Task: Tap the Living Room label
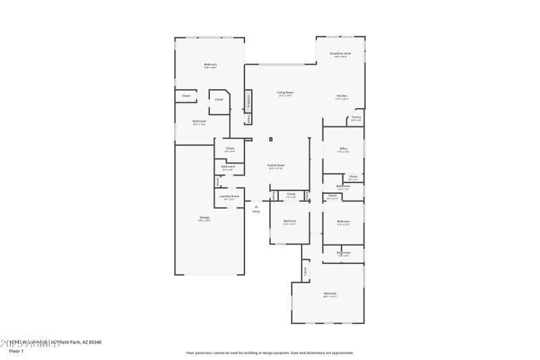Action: click(285, 93)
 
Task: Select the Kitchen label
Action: click(342, 97)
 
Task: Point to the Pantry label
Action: click(356, 118)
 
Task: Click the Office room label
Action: click(344, 149)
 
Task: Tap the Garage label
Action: click(204, 218)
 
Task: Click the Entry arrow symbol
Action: click(256, 207)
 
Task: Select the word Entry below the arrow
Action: click(256, 212)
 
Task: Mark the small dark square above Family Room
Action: click(270, 140)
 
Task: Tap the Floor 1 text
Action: click(16, 351)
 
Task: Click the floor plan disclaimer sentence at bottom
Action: click(269, 353)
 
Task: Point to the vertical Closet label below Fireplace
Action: click(248, 119)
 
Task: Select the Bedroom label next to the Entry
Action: click(290, 222)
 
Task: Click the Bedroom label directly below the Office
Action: click(344, 222)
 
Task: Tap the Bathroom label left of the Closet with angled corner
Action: click(199, 122)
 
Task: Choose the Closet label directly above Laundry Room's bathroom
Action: click(230, 149)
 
